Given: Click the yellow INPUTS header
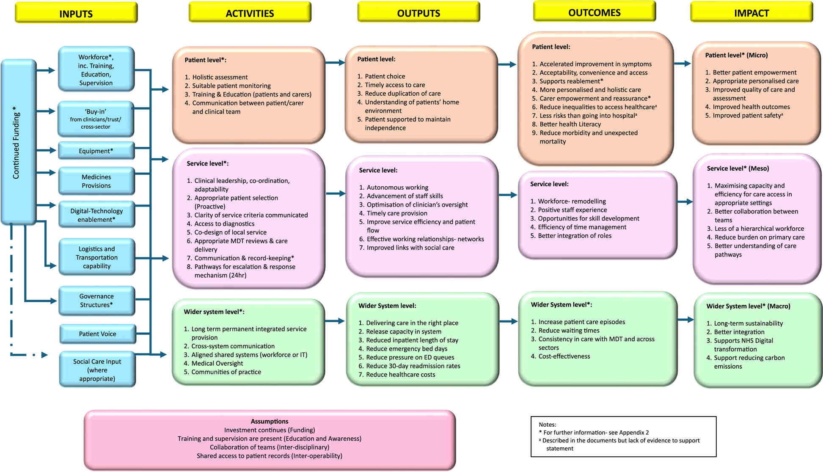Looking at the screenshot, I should (x=76, y=13).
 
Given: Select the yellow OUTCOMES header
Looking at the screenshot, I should (x=594, y=12).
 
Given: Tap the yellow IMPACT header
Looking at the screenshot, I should (x=751, y=13).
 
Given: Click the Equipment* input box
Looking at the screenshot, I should (x=96, y=151).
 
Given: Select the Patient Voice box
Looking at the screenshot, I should (x=97, y=334).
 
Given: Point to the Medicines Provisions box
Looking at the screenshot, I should (x=96, y=181).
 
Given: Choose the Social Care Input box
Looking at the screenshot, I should (x=97, y=370).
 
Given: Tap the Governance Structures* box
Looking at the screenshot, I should (x=96, y=301).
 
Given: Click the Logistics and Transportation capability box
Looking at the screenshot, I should (x=96, y=257).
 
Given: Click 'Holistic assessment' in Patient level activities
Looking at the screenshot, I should (x=220, y=77).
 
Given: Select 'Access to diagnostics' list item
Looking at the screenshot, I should (x=224, y=224).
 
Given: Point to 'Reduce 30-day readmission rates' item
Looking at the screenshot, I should (x=413, y=366).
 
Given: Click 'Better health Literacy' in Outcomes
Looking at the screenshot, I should (x=570, y=124).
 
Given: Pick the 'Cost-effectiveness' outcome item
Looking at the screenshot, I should (x=564, y=356).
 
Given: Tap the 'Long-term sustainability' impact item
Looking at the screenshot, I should (x=748, y=323).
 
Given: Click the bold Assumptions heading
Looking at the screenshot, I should (x=270, y=421).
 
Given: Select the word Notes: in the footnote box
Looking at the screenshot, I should (x=547, y=424).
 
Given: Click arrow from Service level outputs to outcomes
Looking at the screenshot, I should (x=508, y=195).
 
